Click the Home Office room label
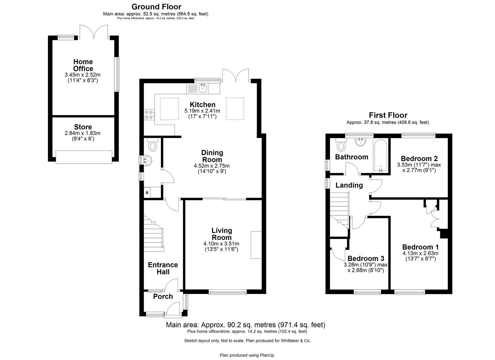click(83, 65)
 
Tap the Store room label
click(83, 127)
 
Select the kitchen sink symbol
click(202, 88)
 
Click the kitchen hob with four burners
click(149, 115)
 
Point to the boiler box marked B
click(147, 193)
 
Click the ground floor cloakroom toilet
click(153, 146)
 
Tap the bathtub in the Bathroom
click(381, 156)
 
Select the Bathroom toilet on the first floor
click(341, 146)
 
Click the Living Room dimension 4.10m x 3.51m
click(222, 244)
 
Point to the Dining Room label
click(212, 156)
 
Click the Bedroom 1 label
click(420, 247)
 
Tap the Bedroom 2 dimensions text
click(419, 167)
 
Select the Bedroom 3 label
click(366, 258)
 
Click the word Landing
click(349, 185)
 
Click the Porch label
click(163, 296)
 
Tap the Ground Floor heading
click(156, 7)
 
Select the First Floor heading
click(388, 115)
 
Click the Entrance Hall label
click(163, 268)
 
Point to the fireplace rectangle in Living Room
click(256, 245)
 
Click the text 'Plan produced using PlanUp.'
click(247, 355)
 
